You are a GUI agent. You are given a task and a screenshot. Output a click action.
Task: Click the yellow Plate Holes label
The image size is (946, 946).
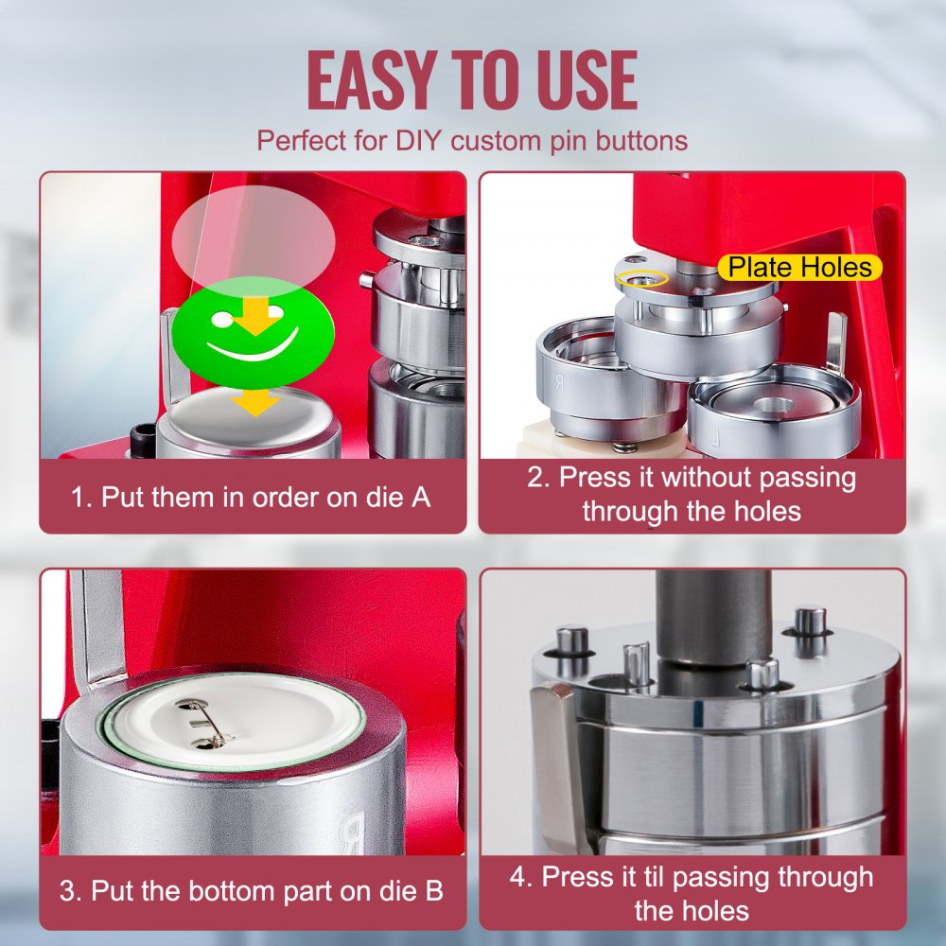[799, 268]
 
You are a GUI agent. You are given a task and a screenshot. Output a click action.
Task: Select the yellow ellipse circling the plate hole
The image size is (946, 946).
[641, 278]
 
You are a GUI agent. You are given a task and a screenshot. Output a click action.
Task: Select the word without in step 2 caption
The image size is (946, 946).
[707, 478]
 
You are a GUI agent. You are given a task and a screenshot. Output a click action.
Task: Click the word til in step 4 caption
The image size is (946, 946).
[667, 877]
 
